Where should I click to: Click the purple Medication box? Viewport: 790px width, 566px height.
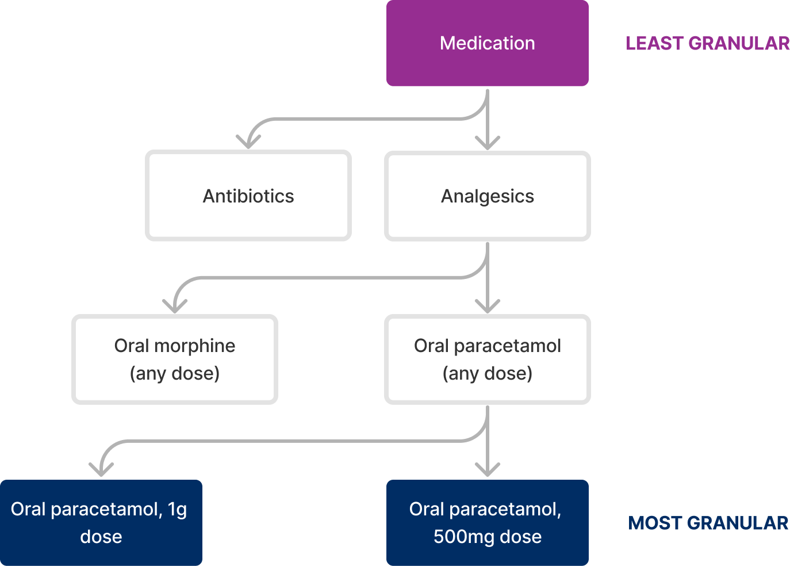click(x=487, y=43)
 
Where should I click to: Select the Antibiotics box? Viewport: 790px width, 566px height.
click(x=248, y=196)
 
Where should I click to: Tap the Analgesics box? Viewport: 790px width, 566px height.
click(x=487, y=196)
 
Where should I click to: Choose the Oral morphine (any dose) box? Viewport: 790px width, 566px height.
click(x=175, y=360)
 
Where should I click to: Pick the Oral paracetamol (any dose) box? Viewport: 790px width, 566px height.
click(x=487, y=360)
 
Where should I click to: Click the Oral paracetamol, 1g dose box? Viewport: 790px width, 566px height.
click(x=101, y=523)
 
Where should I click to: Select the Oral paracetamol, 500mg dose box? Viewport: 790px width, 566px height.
click(x=487, y=523)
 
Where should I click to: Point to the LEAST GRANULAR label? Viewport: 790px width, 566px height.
click(x=707, y=44)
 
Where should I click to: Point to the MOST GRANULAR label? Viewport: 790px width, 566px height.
click(x=708, y=523)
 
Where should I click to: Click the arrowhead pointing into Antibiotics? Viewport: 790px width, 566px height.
click(x=248, y=142)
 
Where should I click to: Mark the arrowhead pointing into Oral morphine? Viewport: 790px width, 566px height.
click(x=175, y=306)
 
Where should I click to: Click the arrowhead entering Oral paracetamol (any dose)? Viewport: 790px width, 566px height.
click(x=488, y=307)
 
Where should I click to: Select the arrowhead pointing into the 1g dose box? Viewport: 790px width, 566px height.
click(x=101, y=469)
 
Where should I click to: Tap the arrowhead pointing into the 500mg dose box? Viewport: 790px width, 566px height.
click(x=488, y=470)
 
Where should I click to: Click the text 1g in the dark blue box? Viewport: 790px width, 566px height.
click(x=178, y=510)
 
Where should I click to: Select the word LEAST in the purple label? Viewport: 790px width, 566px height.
click(x=654, y=44)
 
